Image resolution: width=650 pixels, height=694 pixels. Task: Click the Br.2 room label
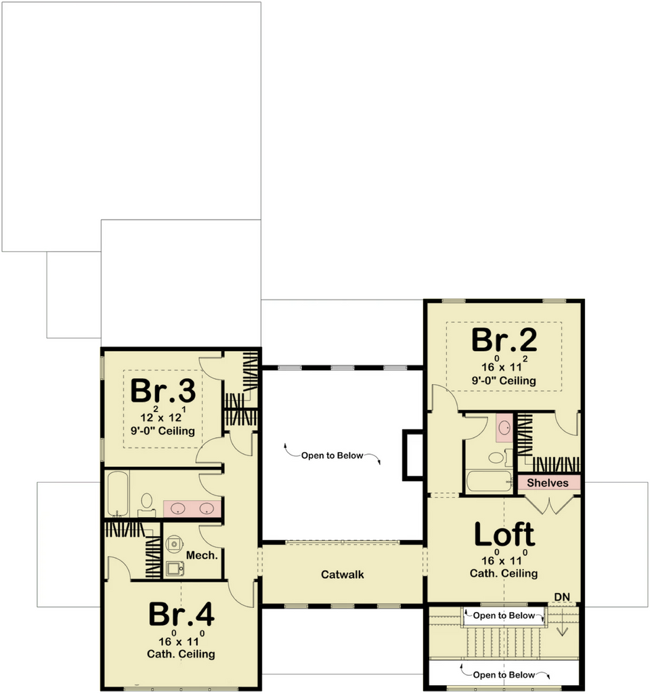[504, 340]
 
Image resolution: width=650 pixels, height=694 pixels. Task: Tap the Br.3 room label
[162, 390]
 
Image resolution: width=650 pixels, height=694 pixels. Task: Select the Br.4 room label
[181, 614]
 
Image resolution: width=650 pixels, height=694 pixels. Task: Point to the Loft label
[504, 534]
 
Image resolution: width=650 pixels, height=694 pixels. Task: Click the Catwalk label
[342, 575]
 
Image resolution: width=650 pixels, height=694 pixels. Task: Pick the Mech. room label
[202, 555]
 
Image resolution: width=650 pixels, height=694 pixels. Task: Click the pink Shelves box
[548, 483]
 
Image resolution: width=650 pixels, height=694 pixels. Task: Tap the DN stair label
[562, 597]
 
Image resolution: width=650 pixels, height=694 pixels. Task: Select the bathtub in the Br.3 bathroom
[118, 493]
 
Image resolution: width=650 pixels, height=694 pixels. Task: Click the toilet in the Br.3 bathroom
[146, 506]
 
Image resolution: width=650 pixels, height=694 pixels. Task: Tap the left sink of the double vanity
[178, 508]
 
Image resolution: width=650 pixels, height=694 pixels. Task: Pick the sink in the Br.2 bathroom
[504, 428]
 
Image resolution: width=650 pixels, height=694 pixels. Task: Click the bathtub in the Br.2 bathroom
[490, 481]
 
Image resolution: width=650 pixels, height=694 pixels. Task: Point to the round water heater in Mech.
[175, 544]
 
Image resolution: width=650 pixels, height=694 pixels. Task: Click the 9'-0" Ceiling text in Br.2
[504, 381]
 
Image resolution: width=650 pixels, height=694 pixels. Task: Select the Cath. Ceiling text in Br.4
[181, 654]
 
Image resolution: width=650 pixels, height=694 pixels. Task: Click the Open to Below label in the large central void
[332, 455]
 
